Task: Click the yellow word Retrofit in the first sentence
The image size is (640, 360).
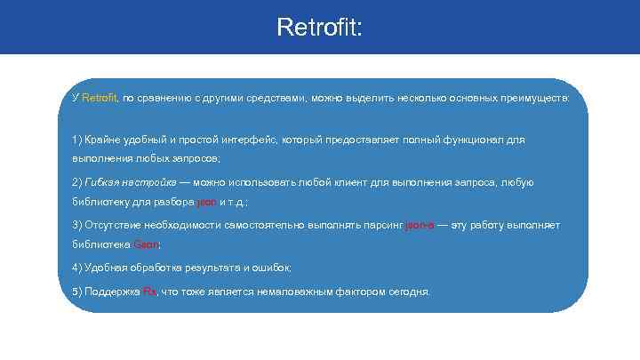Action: pyautogui.click(x=99, y=97)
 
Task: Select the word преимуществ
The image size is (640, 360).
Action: pyautogui.click(x=533, y=97)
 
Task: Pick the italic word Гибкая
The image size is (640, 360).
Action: pyautogui.click(x=100, y=182)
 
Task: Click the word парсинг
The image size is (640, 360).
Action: pyautogui.click(x=380, y=225)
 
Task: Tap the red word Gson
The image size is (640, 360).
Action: pyautogui.click(x=147, y=244)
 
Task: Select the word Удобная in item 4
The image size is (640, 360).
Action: pyautogui.click(x=106, y=268)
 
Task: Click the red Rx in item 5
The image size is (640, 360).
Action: pyautogui.click(x=148, y=292)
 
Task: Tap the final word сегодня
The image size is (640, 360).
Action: pyautogui.click(x=408, y=292)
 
